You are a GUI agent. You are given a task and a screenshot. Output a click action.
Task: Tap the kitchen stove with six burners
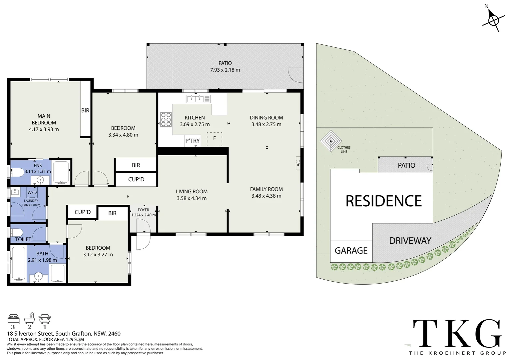pyautogui.click(x=166, y=119)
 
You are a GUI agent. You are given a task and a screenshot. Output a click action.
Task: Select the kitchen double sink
pyautogui.click(x=199, y=98)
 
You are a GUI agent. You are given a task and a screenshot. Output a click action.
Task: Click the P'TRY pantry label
pyautogui.click(x=193, y=141)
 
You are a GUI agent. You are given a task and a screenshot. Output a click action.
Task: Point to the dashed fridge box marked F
pyautogui.click(x=215, y=138)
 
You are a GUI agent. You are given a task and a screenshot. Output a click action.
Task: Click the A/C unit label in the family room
pyautogui.click(x=298, y=163)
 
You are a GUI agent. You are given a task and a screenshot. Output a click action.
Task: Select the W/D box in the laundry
pyautogui.click(x=32, y=192)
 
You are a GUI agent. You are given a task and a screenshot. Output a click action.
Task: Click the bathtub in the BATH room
pyautogui.click(x=18, y=264)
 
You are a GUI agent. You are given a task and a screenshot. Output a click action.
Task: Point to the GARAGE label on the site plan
pyautogui.click(x=351, y=251)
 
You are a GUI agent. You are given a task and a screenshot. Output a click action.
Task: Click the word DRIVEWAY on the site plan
pyautogui.click(x=410, y=241)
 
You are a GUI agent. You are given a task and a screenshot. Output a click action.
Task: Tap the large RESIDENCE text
pyautogui.click(x=384, y=201)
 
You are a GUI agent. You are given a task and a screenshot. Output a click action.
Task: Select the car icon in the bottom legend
pyautogui.click(x=45, y=319)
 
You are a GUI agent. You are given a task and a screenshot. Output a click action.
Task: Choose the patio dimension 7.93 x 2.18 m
pyautogui.click(x=225, y=70)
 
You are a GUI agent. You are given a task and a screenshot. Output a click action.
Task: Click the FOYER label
pyautogui.click(x=143, y=210)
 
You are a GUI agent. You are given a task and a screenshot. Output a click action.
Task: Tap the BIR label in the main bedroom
pyautogui.click(x=85, y=110)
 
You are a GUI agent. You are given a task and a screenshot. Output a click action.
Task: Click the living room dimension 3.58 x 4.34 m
pyautogui.click(x=192, y=198)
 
